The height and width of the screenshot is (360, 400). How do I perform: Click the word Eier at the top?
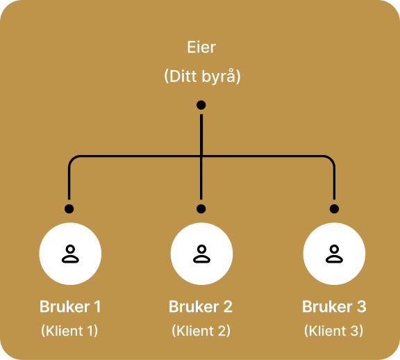pyautogui.click(x=201, y=48)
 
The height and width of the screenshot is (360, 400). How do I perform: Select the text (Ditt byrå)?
pyautogui.click(x=201, y=76)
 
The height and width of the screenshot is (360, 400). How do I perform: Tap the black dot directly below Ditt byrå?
pyautogui.click(x=201, y=105)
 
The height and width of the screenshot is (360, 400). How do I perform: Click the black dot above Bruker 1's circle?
pyautogui.click(x=69, y=208)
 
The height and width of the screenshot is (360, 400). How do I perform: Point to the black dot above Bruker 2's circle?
pyautogui.click(x=201, y=208)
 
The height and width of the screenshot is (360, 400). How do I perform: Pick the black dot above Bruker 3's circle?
pyautogui.click(x=334, y=208)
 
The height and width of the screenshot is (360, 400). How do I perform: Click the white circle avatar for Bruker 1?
pyautogui.click(x=69, y=254)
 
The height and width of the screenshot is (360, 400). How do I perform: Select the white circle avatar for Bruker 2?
pyautogui.click(x=201, y=254)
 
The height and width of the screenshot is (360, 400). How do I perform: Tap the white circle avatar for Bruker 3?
pyautogui.click(x=334, y=254)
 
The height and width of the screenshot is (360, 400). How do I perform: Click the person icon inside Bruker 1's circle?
pyautogui.click(x=69, y=254)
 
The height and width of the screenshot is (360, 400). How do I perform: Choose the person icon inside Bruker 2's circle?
pyautogui.click(x=201, y=254)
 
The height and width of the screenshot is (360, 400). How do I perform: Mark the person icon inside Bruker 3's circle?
pyautogui.click(x=334, y=254)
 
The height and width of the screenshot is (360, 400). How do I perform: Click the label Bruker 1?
pyautogui.click(x=69, y=306)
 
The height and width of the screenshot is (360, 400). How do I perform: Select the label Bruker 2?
pyautogui.click(x=201, y=306)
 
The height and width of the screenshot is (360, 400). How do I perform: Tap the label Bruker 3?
pyautogui.click(x=334, y=306)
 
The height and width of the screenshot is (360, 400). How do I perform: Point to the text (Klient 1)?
pyautogui.click(x=69, y=331)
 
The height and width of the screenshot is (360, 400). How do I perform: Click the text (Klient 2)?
pyautogui.click(x=201, y=331)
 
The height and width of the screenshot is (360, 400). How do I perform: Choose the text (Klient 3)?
pyautogui.click(x=334, y=331)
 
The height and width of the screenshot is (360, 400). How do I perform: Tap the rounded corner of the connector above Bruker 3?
pyautogui.click(x=331, y=159)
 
